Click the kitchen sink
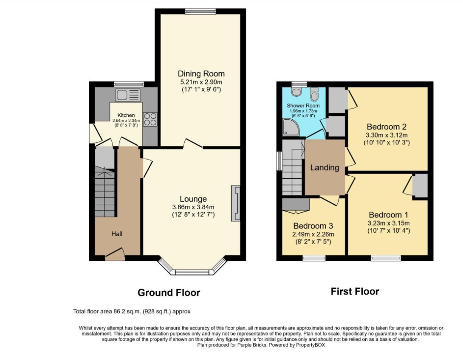click(x=128, y=96)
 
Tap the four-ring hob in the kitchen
click(x=150, y=119)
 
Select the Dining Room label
click(x=201, y=73)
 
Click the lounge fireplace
click(x=236, y=203)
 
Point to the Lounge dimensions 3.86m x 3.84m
click(x=193, y=207)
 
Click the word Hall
click(x=117, y=234)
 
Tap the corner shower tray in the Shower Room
click(x=291, y=127)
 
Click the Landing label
click(x=325, y=168)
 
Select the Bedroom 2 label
click(x=387, y=127)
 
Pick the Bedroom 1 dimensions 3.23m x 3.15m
click(x=389, y=223)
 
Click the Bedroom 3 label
click(x=313, y=226)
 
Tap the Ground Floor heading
click(x=169, y=292)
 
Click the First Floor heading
click(x=355, y=292)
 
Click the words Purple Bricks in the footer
click(x=252, y=345)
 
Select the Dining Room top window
click(x=200, y=11)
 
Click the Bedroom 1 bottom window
click(x=386, y=258)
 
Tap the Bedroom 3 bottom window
click(x=314, y=258)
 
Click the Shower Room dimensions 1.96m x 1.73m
click(x=303, y=111)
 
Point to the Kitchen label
click(x=126, y=115)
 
